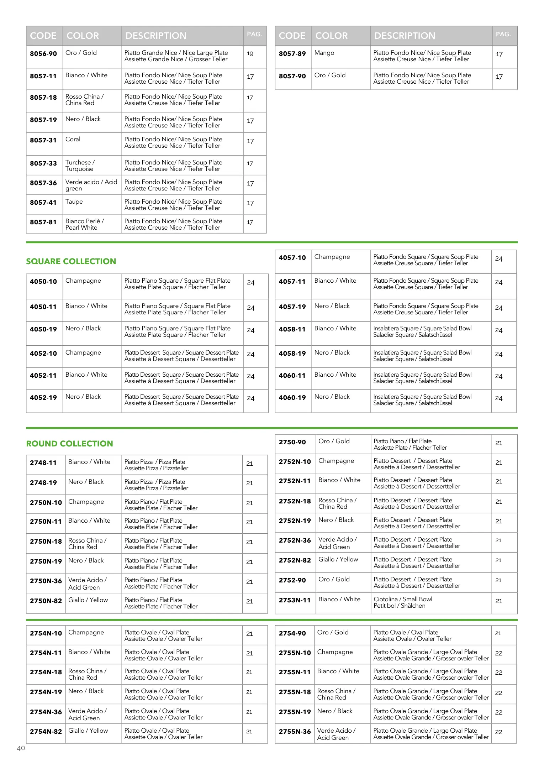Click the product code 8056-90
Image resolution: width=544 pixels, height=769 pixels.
(x=43, y=54)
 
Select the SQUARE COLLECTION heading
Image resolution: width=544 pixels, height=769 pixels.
(x=71, y=261)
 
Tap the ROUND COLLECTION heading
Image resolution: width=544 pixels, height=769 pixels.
(x=69, y=444)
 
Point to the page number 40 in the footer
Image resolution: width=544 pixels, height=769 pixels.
(x=21, y=748)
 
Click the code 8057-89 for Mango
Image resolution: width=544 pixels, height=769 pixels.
(x=292, y=54)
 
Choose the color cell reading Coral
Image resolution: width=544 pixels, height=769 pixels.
(x=73, y=139)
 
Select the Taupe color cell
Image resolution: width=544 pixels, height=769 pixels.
(x=74, y=202)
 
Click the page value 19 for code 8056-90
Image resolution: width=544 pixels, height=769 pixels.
(x=250, y=54)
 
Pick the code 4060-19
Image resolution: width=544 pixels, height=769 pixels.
(x=292, y=398)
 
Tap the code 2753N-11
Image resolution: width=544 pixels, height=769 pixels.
(x=295, y=600)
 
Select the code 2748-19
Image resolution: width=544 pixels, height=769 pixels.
(x=43, y=483)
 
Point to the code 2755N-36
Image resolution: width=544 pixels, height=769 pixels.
(x=295, y=732)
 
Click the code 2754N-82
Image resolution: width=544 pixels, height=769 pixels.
(x=46, y=732)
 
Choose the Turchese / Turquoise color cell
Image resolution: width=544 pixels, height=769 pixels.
(x=80, y=166)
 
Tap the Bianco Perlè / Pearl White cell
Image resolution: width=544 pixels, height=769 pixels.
(x=84, y=224)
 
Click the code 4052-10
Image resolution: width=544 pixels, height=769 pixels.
(x=43, y=354)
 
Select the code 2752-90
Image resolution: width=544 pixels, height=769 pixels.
(x=292, y=580)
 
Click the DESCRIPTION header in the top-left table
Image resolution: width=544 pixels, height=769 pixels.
(x=156, y=36)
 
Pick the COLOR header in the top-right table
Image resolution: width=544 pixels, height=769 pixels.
(x=332, y=36)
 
